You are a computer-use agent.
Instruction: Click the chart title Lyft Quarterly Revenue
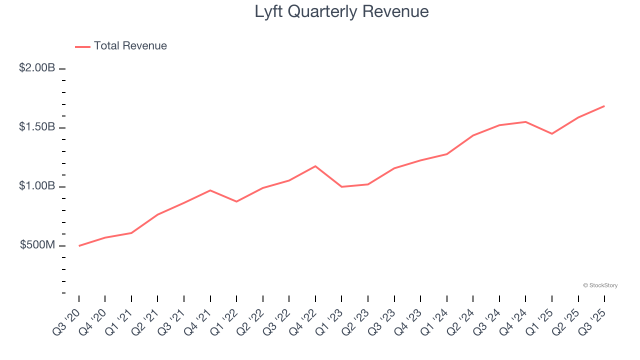click(x=341, y=11)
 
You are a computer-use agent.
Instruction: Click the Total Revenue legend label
click(x=130, y=46)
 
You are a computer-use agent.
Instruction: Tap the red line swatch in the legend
click(x=82, y=46)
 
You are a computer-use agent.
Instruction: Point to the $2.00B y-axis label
click(x=37, y=67)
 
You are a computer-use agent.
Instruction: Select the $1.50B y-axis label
click(x=37, y=127)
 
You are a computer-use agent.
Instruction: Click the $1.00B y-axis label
click(x=37, y=186)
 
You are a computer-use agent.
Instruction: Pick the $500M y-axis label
click(x=37, y=245)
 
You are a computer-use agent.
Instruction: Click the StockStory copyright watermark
click(x=600, y=285)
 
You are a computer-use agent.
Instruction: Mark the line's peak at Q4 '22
click(x=315, y=166)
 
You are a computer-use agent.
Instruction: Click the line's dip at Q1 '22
click(x=236, y=201)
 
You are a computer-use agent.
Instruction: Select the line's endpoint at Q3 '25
click(x=604, y=106)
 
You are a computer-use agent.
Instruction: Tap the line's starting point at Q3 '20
click(x=79, y=246)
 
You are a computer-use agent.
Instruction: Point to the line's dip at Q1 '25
click(x=552, y=134)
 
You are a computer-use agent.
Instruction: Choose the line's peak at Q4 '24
click(x=525, y=122)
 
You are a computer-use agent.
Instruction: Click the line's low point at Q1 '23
click(x=341, y=187)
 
